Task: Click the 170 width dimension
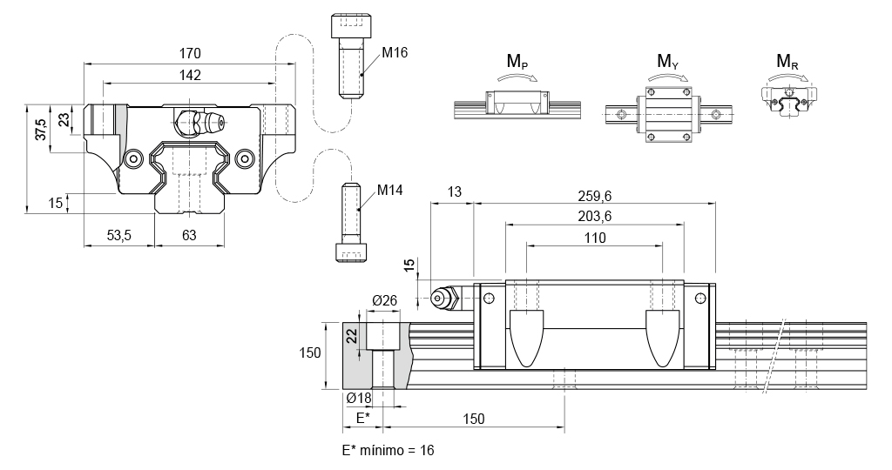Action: (189, 53)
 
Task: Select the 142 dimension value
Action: (189, 75)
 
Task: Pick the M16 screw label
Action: (395, 52)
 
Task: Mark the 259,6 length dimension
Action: (594, 196)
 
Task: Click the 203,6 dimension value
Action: (594, 217)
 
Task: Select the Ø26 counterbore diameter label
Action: (384, 300)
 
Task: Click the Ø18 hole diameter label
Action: (359, 398)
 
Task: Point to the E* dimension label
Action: (361, 419)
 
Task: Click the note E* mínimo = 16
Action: (389, 450)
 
